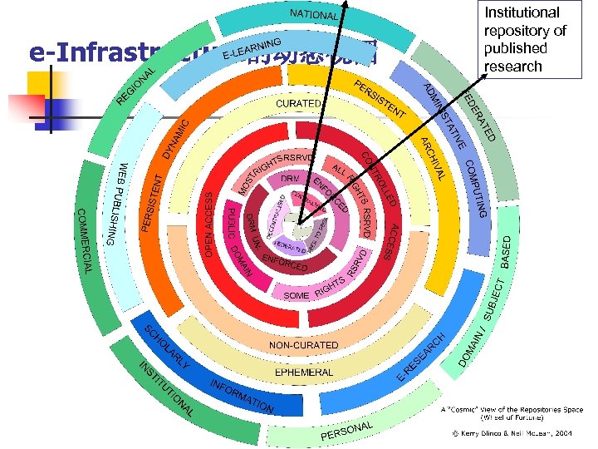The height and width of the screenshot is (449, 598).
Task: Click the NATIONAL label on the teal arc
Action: tap(313, 15)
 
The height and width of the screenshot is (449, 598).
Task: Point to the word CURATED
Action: tap(297, 103)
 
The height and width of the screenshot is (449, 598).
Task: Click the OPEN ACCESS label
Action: tap(209, 223)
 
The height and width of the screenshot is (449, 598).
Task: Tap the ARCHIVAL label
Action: tap(434, 158)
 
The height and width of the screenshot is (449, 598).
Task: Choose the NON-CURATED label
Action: tap(303, 344)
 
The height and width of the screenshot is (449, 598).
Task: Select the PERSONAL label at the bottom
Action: tap(346, 431)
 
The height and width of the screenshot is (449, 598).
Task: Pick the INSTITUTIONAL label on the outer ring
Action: tap(165, 390)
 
